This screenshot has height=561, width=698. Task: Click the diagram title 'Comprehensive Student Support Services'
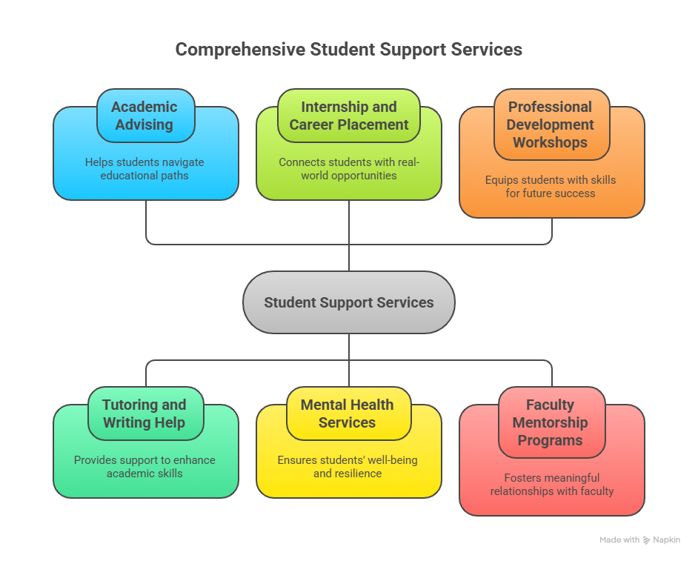(x=348, y=50)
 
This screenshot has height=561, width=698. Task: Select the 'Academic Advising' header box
(x=145, y=116)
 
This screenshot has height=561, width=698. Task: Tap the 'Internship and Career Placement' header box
(x=348, y=116)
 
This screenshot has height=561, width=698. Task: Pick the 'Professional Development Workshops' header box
(x=551, y=125)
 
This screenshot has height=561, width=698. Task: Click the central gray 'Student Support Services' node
(x=348, y=302)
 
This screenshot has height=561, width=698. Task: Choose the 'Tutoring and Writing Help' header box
(x=145, y=414)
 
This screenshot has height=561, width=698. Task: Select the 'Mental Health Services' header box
(x=348, y=414)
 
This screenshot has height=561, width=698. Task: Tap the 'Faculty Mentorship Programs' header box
(x=551, y=422)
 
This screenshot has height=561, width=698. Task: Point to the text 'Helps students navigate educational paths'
(x=145, y=169)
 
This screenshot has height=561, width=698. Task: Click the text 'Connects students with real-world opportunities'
(x=348, y=169)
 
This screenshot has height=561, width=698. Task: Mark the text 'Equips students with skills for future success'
(x=551, y=187)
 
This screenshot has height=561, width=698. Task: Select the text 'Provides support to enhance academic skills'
(x=145, y=467)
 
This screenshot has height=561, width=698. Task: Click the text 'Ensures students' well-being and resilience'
(x=348, y=467)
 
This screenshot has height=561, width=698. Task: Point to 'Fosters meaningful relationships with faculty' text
(x=551, y=485)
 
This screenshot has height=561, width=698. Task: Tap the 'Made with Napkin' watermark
(x=639, y=540)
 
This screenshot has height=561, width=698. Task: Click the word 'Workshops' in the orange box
(x=551, y=142)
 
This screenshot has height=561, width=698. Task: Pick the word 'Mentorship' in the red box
(x=550, y=422)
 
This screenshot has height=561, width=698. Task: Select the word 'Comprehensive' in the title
(x=240, y=50)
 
